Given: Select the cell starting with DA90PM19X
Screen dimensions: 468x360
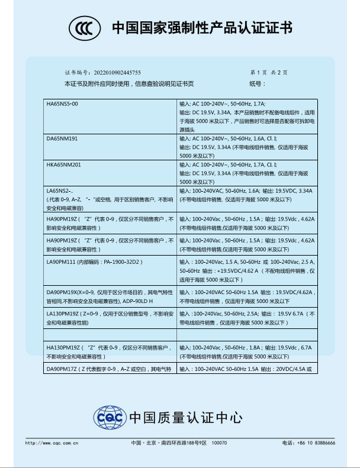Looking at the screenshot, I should (109, 296).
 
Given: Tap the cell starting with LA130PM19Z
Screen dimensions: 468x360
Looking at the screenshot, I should (109, 318).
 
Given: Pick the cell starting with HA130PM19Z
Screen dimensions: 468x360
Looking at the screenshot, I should (109, 353).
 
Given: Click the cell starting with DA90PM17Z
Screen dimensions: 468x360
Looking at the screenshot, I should (109, 369).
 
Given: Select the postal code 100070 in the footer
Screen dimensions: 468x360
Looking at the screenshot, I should (219, 443).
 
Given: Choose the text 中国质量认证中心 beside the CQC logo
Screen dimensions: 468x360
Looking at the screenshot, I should (186, 418).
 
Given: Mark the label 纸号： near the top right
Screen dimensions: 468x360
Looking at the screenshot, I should (257, 83).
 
